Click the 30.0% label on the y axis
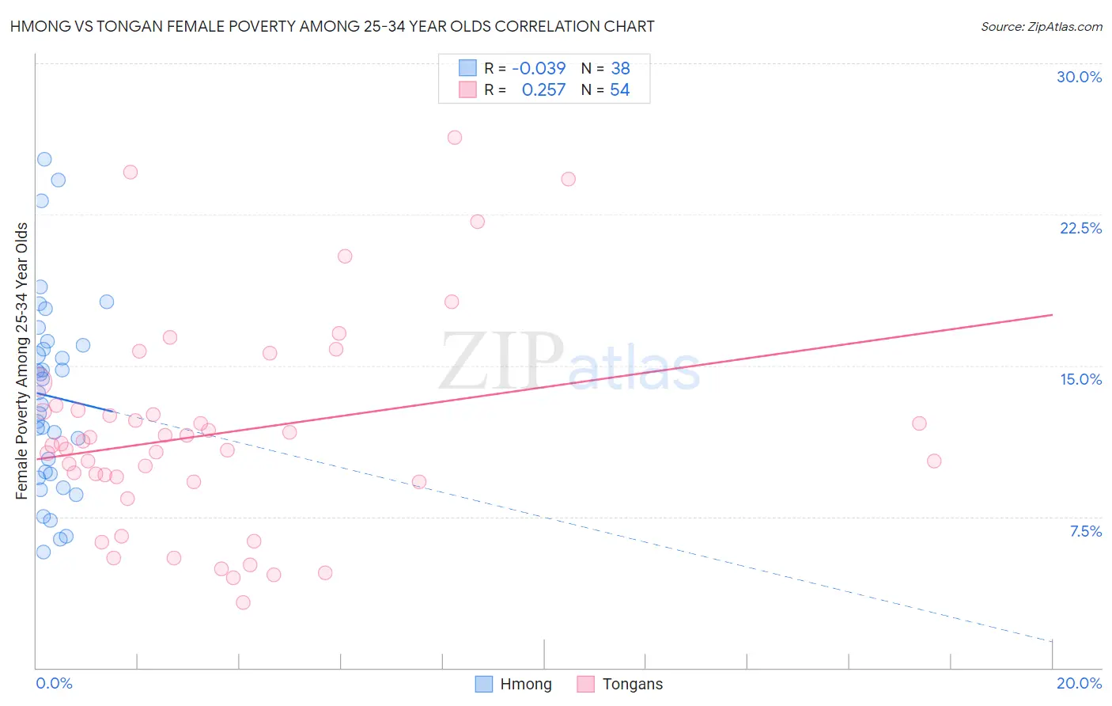tap(1079, 77)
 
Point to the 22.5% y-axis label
tap(1080, 228)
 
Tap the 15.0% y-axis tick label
tap(1080, 379)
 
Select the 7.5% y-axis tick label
tap(1085, 531)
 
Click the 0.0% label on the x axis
tap(54, 683)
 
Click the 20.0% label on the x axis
tap(1079, 683)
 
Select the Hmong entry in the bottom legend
tap(525, 684)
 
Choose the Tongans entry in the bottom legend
tap(632, 684)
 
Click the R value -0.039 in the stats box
tap(539, 69)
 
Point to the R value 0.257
tap(543, 90)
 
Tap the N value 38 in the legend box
tap(620, 69)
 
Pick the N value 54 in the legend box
tap(619, 90)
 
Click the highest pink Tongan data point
tap(455, 138)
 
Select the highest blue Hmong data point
tap(44, 159)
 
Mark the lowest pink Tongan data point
tap(244, 602)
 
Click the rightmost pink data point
tap(934, 461)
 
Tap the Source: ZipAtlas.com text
tap(1041, 27)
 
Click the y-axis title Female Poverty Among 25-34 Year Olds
tap(22, 361)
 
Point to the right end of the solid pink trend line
tap(1052, 315)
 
